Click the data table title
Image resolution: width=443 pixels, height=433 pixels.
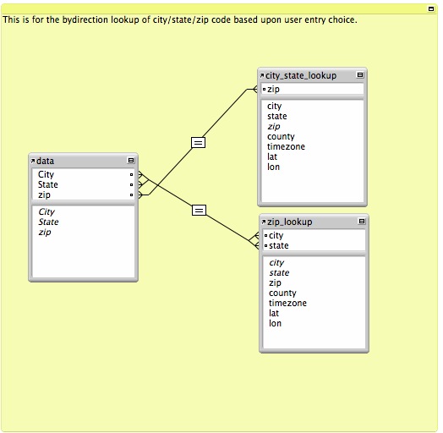pyautogui.click(x=45, y=161)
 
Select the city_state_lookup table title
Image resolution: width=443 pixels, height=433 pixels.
pyautogui.click(x=301, y=76)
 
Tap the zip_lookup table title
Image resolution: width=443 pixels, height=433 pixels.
pyautogui.click(x=290, y=222)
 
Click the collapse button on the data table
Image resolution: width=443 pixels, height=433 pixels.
pyautogui.click(x=131, y=160)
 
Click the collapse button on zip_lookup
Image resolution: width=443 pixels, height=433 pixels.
pyautogui.click(x=362, y=221)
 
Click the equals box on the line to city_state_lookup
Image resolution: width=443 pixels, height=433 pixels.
pyautogui.click(x=199, y=142)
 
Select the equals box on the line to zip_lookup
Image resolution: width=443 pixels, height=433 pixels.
pyautogui.click(x=199, y=211)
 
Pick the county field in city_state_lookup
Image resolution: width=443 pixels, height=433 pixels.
pyautogui.click(x=281, y=137)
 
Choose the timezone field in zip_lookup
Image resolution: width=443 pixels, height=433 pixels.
pyautogui.click(x=287, y=303)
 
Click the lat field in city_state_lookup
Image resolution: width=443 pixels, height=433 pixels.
pyautogui.click(x=272, y=156)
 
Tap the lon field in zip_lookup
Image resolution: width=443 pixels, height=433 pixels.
pyautogui.click(x=275, y=323)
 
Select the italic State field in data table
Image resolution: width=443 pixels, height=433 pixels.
pyautogui.click(x=48, y=222)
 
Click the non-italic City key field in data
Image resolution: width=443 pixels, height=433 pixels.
pyautogui.click(x=46, y=174)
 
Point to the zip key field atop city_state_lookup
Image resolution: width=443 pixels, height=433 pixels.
pyautogui.click(x=273, y=90)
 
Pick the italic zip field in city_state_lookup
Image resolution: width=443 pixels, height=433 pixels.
pyautogui.click(x=273, y=127)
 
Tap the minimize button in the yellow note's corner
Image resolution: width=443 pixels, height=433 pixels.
pyautogui.click(x=431, y=9)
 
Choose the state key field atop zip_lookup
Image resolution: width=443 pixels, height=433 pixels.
pyautogui.click(x=279, y=245)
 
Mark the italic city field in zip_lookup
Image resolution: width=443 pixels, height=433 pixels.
pyautogui.click(x=276, y=263)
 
